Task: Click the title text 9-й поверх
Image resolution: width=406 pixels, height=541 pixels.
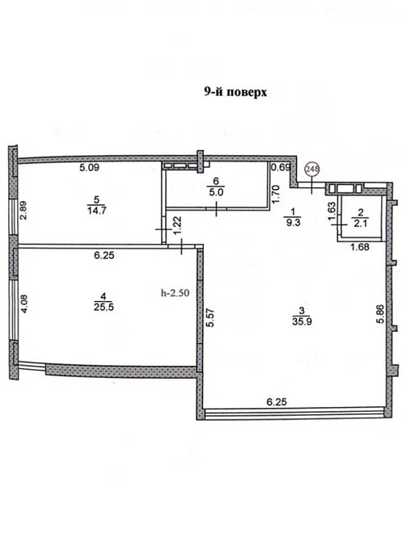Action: click(x=235, y=92)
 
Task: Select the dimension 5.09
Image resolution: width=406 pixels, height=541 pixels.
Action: click(x=88, y=169)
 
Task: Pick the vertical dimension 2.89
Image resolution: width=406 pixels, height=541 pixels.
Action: click(x=24, y=211)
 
